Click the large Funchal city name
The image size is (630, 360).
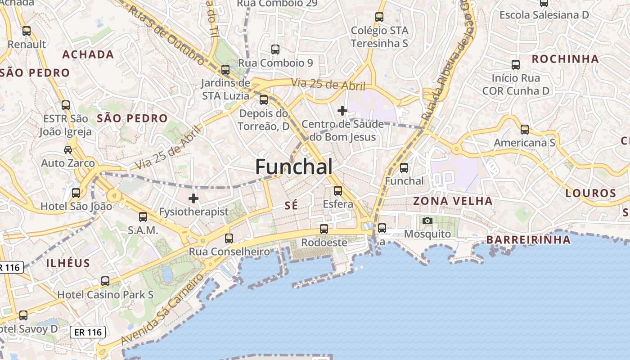(x=294, y=167)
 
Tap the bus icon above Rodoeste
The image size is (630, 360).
(x=324, y=229)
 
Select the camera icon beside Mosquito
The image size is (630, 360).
(x=427, y=220)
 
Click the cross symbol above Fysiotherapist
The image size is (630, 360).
(x=193, y=198)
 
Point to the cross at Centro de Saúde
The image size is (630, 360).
(x=342, y=110)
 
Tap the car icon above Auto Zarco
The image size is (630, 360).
(x=68, y=149)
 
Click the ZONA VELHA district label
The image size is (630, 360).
(x=453, y=201)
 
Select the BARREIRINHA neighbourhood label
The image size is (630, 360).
(x=528, y=240)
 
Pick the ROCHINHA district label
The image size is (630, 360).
(x=565, y=59)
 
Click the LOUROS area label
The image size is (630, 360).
(x=590, y=193)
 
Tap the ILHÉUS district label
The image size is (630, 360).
(x=68, y=263)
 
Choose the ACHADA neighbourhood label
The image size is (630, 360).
(x=88, y=55)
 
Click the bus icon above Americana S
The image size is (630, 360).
(x=525, y=130)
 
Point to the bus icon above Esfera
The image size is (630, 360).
(x=338, y=191)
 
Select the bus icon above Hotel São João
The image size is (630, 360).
(x=76, y=193)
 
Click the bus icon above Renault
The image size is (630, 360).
(x=27, y=31)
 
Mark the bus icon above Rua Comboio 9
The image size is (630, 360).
(x=275, y=49)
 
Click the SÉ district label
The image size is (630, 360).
(x=291, y=206)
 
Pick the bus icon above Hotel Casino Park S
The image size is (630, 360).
(x=105, y=281)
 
